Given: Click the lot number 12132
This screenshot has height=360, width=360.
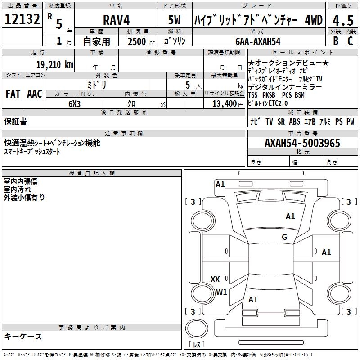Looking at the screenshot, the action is pos(22,19).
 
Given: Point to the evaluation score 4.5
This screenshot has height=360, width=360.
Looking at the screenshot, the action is pos(343,20).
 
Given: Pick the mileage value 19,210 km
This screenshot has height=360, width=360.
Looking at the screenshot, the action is pos(54,64).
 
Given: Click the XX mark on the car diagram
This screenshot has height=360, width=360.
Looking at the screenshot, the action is pos(215,279).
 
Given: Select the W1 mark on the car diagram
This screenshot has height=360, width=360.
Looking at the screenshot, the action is pos(221,292).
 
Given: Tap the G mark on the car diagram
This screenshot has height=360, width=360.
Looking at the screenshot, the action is pos(284,237).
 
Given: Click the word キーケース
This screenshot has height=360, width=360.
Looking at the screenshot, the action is pos(23,337).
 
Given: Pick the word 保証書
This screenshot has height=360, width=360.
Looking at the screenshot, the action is pos(15,121).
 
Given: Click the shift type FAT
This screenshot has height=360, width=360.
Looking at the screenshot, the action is pos(13,94).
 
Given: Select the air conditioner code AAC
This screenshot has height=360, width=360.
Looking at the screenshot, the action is pos(35,94).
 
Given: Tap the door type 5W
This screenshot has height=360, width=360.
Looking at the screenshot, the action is pos(175,20).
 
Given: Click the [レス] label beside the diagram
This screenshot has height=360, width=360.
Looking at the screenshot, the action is pos(197,345).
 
